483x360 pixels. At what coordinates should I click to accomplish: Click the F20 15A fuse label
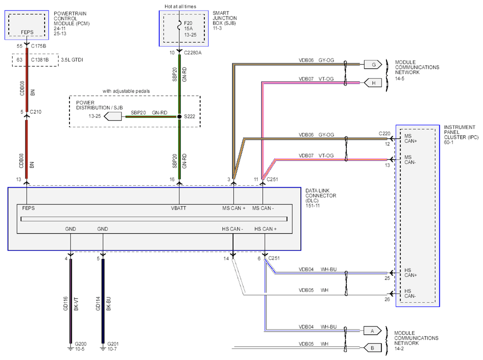tap(189, 26)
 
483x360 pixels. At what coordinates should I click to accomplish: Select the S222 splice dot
tap(179, 117)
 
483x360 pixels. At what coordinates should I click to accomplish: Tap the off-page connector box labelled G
tap(373, 65)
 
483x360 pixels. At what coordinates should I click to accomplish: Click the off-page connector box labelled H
tap(373, 83)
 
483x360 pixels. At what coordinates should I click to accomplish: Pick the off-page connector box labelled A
tap(372, 331)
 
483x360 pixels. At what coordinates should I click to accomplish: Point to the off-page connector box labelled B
tap(372, 348)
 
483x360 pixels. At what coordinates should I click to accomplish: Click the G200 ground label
tap(80, 344)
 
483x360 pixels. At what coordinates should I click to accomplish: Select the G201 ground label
tap(113, 344)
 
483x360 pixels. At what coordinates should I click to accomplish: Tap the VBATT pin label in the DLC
tap(178, 208)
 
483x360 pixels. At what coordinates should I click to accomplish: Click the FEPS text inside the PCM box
tap(27, 32)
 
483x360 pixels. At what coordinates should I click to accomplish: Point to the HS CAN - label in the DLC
tap(233, 229)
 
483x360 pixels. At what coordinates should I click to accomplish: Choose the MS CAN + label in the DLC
tap(234, 208)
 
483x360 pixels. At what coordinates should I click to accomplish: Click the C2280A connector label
tap(193, 53)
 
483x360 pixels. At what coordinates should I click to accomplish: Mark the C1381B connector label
tap(40, 60)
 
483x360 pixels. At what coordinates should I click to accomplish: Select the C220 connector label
tap(385, 134)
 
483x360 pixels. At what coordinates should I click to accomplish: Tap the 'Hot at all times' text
tap(180, 6)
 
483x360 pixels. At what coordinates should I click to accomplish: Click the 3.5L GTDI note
tap(72, 60)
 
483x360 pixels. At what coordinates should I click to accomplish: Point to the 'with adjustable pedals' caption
tap(126, 91)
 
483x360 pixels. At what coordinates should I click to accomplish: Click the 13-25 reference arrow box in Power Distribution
tap(113, 116)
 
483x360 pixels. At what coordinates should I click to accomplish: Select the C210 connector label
tap(36, 112)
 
